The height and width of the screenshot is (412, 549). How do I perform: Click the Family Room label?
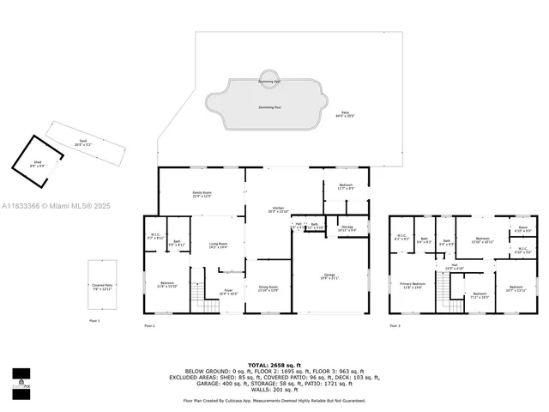coord(202,195)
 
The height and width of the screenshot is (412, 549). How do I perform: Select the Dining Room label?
coord(268,288)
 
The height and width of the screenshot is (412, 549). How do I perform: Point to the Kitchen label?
coord(279,209)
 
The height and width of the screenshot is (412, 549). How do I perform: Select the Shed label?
coord(38,164)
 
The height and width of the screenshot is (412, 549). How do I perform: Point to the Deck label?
coord(83,144)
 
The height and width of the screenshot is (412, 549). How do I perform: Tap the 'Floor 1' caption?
coord(94,320)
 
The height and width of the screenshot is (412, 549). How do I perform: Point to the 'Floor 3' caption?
coord(395,325)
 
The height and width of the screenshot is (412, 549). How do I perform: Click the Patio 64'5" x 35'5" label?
coord(345,113)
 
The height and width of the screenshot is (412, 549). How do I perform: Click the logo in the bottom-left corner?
coord(21,379)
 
